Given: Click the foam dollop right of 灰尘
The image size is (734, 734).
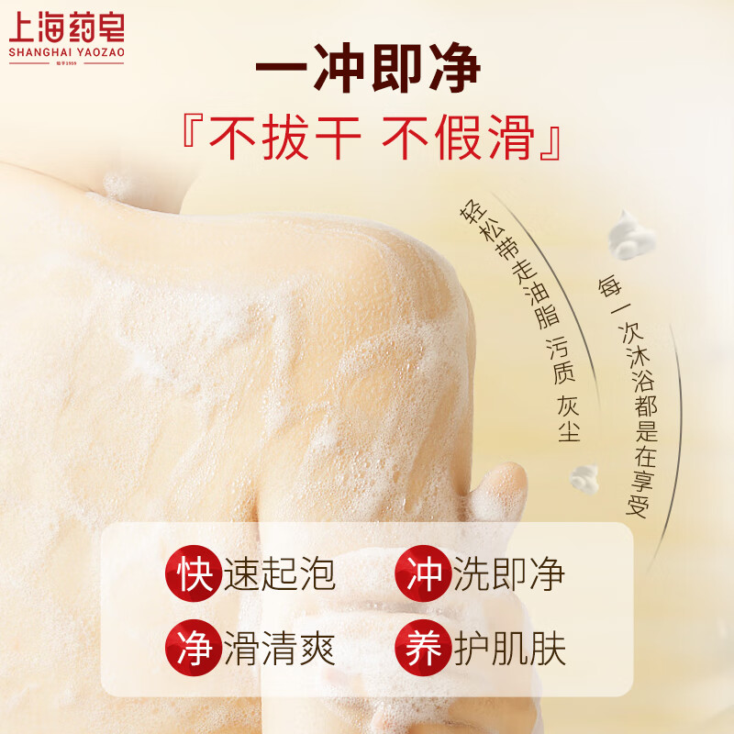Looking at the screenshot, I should [584, 476].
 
